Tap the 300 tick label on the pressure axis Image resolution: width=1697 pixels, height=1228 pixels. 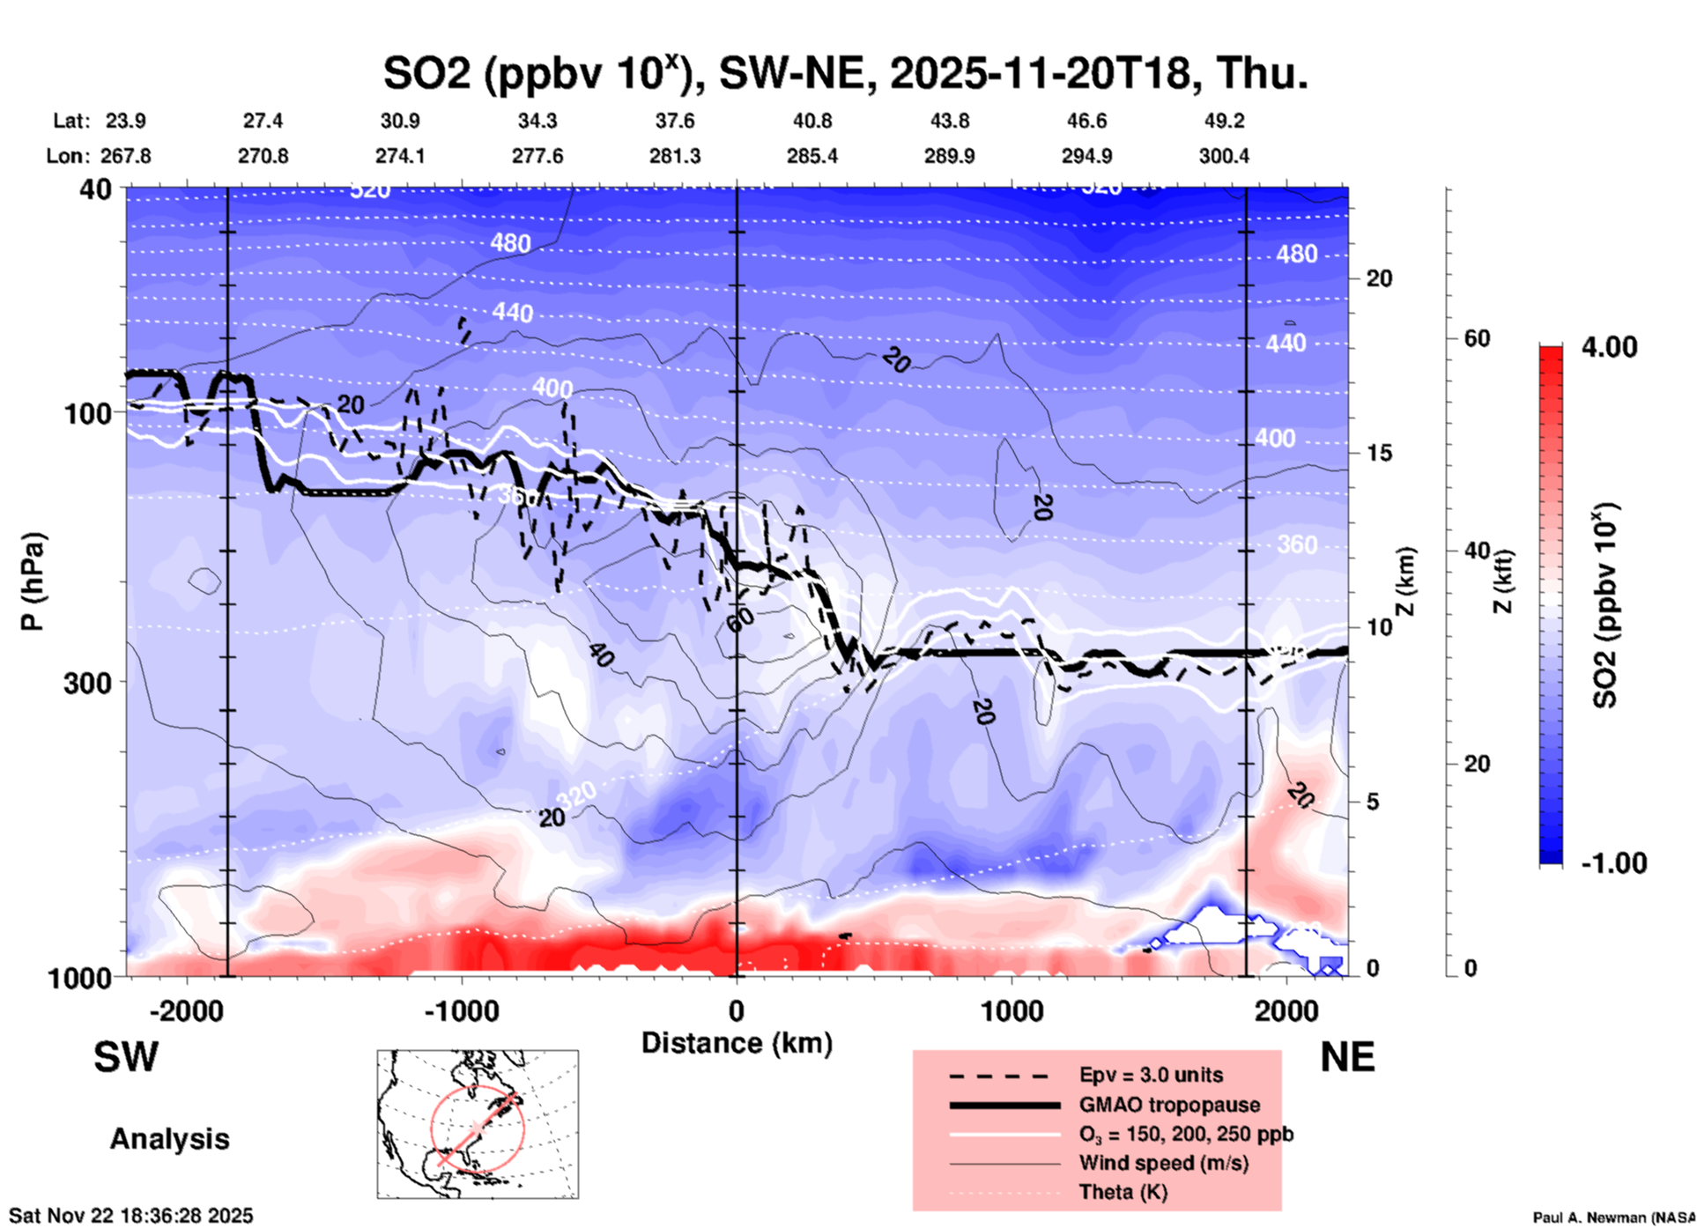tap(87, 683)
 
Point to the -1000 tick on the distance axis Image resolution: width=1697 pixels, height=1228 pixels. tap(461, 1010)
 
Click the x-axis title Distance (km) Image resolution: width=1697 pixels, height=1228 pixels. tap(737, 1043)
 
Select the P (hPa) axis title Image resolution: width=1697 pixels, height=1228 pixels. tap(33, 581)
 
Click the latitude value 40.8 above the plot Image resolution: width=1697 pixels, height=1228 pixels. tap(811, 121)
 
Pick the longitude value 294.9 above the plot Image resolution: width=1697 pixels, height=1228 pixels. tap(1086, 156)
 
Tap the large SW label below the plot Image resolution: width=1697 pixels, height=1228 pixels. tap(126, 1057)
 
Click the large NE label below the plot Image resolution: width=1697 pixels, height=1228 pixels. tap(1347, 1057)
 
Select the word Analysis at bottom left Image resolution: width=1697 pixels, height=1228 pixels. tap(169, 1139)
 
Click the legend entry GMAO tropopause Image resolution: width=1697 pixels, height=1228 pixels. tap(1169, 1105)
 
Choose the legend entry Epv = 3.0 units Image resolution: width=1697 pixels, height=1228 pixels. tap(1151, 1075)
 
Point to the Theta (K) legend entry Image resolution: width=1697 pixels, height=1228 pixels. tap(1123, 1192)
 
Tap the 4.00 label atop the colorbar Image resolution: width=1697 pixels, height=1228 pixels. tap(1609, 346)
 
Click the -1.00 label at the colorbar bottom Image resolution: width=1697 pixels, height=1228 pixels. tap(1613, 862)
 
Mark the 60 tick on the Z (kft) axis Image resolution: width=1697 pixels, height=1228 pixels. tap(1477, 338)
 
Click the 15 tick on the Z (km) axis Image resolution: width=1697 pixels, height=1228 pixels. tap(1379, 453)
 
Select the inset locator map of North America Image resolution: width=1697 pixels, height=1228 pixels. tap(478, 1124)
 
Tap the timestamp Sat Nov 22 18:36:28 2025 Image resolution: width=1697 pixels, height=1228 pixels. tap(131, 1216)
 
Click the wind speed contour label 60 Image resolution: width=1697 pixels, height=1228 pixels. tap(740, 618)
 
